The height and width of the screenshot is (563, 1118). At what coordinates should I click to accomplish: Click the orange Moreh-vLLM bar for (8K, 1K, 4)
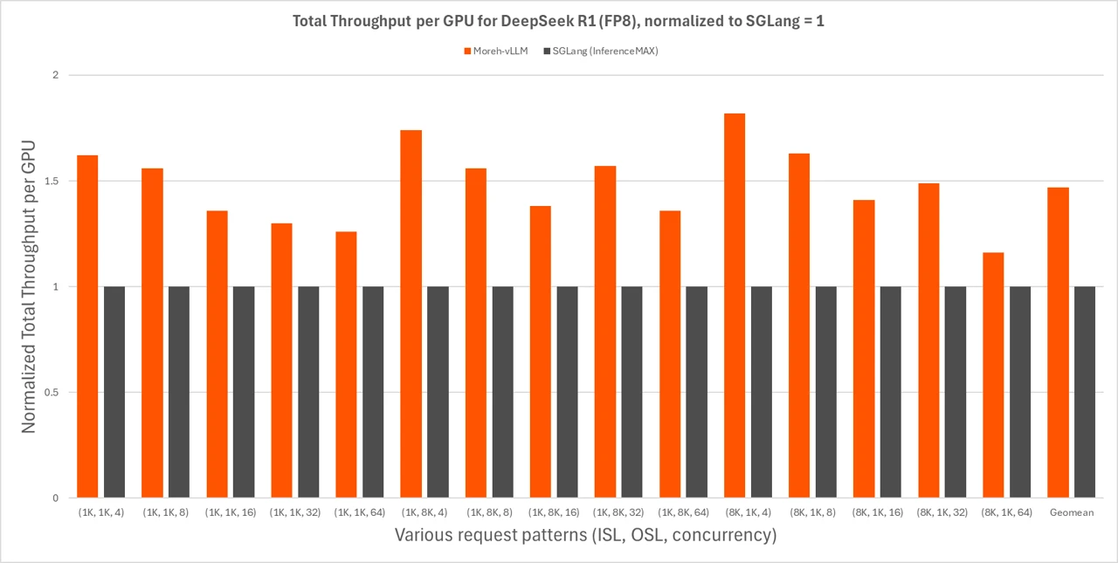[x=735, y=306]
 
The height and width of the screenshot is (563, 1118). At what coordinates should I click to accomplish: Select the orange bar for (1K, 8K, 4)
[x=411, y=314]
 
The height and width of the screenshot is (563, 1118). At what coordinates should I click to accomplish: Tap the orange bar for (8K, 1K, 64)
[x=993, y=375]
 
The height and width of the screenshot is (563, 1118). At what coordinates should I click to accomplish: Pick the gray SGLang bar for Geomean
[x=1085, y=392]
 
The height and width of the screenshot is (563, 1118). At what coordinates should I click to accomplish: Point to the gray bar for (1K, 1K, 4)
[x=114, y=392]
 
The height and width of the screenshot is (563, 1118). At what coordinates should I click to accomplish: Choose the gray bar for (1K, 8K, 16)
[x=568, y=392]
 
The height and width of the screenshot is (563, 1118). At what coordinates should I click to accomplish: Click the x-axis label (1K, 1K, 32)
[x=294, y=512]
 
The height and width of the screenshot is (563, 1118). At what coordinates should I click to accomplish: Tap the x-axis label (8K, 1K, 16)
[x=877, y=512]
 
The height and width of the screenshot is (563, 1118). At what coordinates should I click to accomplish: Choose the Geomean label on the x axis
[x=1071, y=512]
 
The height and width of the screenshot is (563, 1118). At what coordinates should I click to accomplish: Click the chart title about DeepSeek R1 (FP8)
[x=558, y=22]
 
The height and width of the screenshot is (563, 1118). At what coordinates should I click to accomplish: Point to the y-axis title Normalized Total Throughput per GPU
[x=29, y=286]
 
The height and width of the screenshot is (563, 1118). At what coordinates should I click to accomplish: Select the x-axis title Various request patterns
[x=585, y=535]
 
